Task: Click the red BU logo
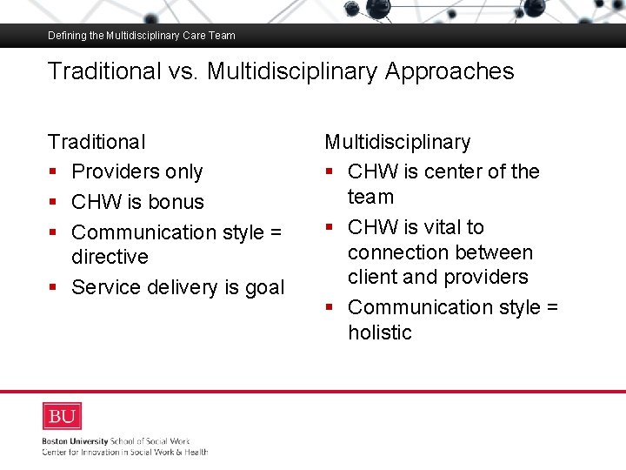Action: (62, 416)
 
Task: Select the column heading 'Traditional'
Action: (97, 142)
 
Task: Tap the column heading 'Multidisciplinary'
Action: (397, 142)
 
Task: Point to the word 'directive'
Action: (110, 258)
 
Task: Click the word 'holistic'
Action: (379, 332)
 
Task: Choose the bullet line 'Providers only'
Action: (137, 172)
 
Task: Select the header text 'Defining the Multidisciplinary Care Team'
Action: (142, 36)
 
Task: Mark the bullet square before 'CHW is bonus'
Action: (53, 203)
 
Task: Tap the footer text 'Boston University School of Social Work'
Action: (116, 441)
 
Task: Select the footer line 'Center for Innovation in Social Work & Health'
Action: (124, 452)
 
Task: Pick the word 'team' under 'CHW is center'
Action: (370, 198)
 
